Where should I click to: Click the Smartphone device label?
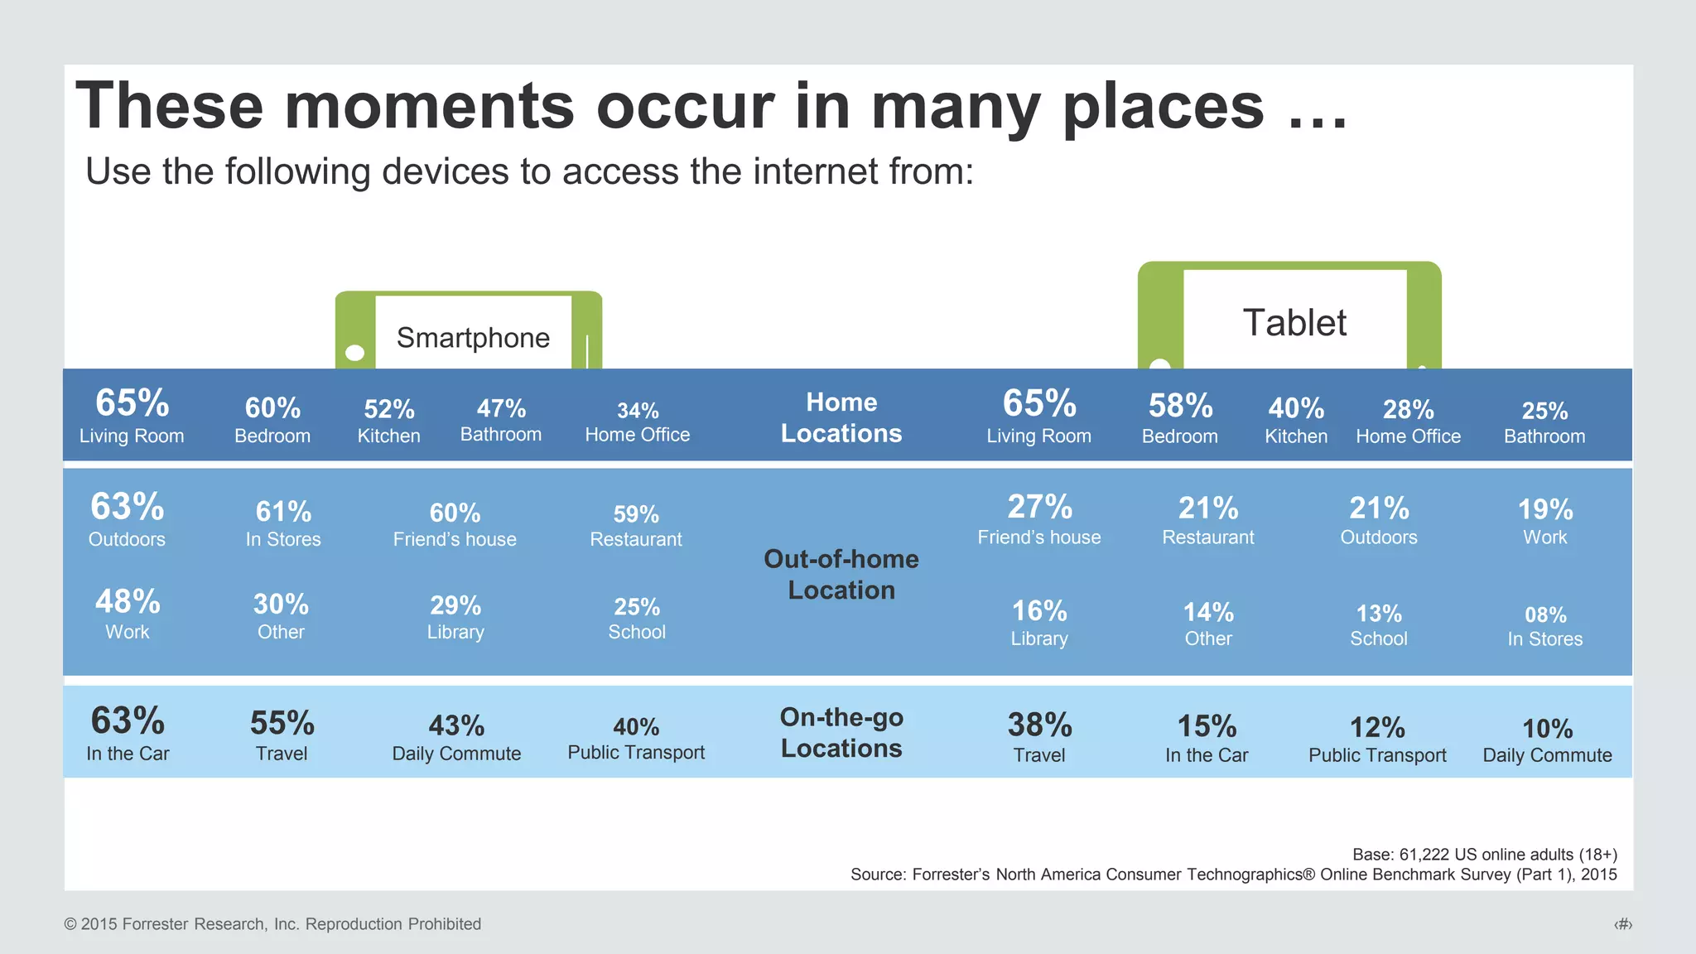(473, 338)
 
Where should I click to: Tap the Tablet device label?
(1294, 323)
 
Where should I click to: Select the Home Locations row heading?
(841, 417)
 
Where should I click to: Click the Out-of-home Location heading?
(841, 574)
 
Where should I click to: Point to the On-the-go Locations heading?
(841, 732)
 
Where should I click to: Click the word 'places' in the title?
(1164, 106)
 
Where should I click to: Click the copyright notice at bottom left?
(272, 924)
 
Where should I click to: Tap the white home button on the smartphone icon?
(355, 353)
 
